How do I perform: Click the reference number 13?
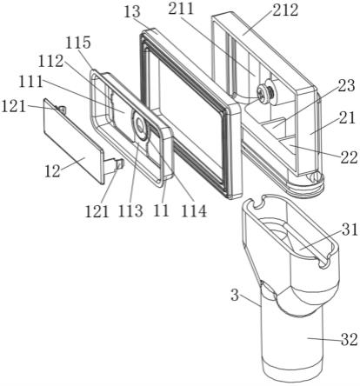click(132, 12)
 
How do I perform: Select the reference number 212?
click(285, 10)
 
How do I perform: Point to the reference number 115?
click(78, 43)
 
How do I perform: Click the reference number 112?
click(50, 61)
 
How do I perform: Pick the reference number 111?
click(30, 82)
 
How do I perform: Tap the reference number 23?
click(346, 86)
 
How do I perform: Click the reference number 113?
click(130, 211)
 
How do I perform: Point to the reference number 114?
click(194, 211)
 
